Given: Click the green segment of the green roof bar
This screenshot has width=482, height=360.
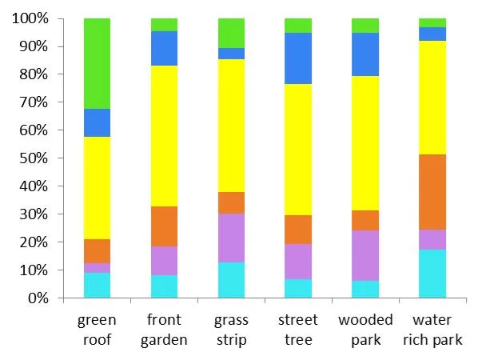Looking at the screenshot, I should [x=97, y=63].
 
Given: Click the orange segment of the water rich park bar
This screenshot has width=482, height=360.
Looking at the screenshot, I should [x=432, y=192].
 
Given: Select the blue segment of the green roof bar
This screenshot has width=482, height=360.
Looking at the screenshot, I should [x=97, y=122].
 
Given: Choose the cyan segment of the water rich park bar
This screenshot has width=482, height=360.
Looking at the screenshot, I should [x=432, y=274].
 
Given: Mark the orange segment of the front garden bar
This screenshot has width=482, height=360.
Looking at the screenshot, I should [x=164, y=226].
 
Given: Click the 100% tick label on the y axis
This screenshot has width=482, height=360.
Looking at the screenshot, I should [x=30, y=18].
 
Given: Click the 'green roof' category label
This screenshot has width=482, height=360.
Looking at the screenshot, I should [x=97, y=330].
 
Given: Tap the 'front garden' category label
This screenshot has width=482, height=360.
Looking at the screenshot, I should [x=164, y=330].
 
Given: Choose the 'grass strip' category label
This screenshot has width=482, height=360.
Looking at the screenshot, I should [x=231, y=330].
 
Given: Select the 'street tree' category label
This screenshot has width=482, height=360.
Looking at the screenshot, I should [x=298, y=330].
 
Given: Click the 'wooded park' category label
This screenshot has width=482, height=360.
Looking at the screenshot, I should [x=365, y=330].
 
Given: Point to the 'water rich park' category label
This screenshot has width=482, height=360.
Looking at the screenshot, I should [x=432, y=330].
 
